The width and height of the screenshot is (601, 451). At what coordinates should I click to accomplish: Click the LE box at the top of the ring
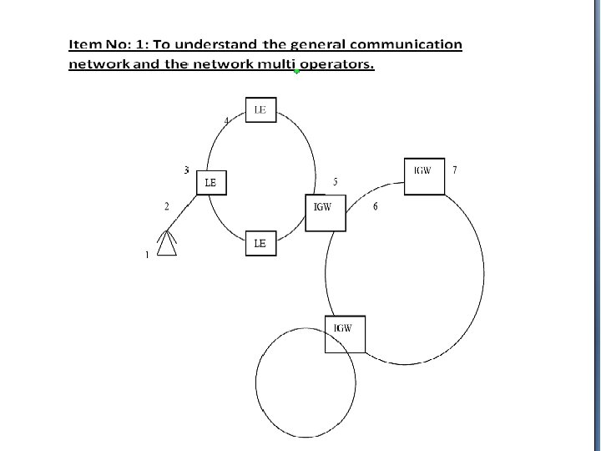pyautogui.click(x=260, y=110)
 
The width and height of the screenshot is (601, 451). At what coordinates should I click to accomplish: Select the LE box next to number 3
pyautogui.click(x=211, y=183)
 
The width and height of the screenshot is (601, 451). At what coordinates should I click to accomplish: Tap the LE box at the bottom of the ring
pyautogui.click(x=260, y=244)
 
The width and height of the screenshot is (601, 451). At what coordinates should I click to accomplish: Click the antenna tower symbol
pyautogui.click(x=168, y=242)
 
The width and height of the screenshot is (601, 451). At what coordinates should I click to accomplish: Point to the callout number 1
pyautogui.click(x=148, y=255)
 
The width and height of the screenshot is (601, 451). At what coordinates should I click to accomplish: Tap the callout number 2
pyautogui.click(x=167, y=206)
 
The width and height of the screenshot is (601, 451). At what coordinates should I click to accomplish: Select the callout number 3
pyautogui.click(x=186, y=170)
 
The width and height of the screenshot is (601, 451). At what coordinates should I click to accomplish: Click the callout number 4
pyautogui.click(x=227, y=121)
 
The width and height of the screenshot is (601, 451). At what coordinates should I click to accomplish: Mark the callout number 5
pyautogui.click(x=335, y=181)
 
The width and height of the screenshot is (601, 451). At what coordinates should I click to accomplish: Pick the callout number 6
pyautogui.click(x=375, y=206)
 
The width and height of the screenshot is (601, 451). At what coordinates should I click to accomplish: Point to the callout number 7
pyautogui.click(x=454, y=170)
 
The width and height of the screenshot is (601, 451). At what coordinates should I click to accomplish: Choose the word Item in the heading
pyautogui.click(x=84, y=44)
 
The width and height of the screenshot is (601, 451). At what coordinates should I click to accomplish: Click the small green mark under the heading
pyautogui.click(x=296, y=73)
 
